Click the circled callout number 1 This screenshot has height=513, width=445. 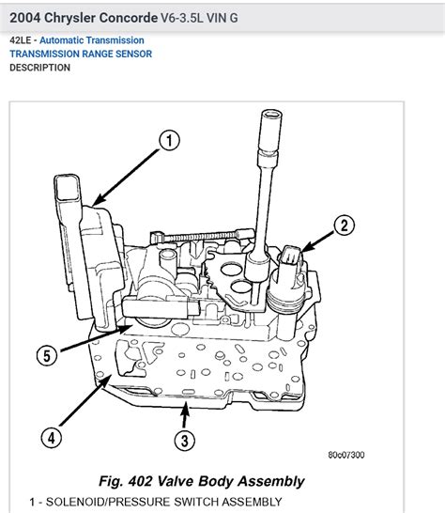tap(169, 140)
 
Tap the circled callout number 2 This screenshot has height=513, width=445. tap(344, 225)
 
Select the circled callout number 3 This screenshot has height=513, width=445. tap(184, 441)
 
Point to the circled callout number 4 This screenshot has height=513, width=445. tap(52, 438)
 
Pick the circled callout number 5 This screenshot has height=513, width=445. tap(47, 356)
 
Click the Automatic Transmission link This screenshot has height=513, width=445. tap(92, 40)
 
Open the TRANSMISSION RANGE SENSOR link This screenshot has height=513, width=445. tap(81, 54)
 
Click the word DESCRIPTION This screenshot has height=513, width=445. tap(39, 68)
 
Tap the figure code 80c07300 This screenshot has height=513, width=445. tap(346, 455)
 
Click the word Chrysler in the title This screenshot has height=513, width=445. tap(69, 18)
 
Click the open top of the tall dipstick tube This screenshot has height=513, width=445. tap(271, 115)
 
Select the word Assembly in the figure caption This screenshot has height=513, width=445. tap(271, 482)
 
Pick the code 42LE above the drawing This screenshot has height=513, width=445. tap(21, 40)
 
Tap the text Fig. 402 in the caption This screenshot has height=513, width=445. tap(126, 481)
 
